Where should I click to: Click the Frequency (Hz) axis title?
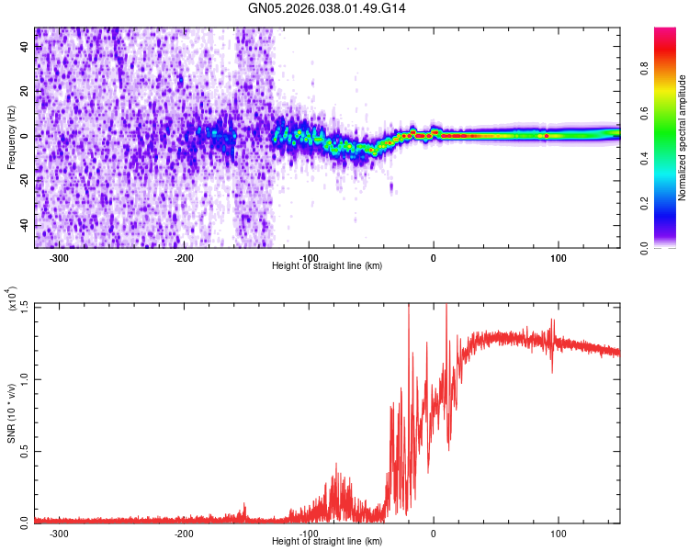12,137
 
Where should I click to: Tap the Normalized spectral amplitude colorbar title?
683,139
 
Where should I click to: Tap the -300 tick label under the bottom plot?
60,534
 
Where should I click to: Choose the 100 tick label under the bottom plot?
558,534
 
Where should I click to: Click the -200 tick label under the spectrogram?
184,258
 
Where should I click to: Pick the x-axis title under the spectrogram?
327,266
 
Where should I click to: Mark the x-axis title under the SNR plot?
327,542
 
